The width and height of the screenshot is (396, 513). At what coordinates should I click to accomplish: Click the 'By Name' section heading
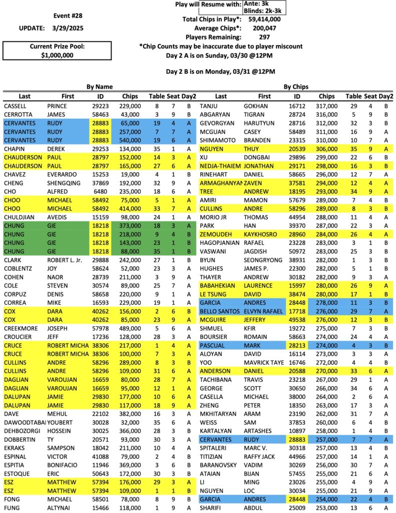(99, 87)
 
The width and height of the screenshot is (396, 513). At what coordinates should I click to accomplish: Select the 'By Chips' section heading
(296, 87)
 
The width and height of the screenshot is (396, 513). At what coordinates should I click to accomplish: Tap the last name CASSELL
(16, 106)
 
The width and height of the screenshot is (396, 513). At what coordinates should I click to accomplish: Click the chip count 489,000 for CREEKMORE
(129, 330)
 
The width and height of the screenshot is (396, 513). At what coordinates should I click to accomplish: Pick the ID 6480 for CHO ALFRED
(100, 190)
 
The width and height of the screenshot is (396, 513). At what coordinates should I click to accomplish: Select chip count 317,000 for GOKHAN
(327, 106)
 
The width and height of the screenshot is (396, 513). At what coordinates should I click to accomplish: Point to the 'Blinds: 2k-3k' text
(264, 10)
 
